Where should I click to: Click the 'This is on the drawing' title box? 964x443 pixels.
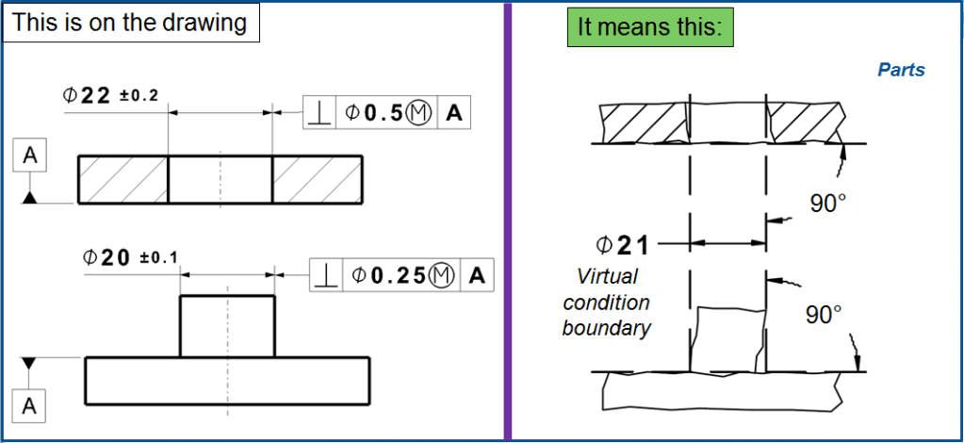pyautogui.click(x=131, y=23)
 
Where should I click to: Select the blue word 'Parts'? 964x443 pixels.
pyautogui.click(x=901, y=70)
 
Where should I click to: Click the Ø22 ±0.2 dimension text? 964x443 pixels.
pyautogui.click(x=110, y=95)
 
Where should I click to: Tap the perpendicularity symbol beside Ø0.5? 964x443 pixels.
pyautogui.click(x=320, y=113)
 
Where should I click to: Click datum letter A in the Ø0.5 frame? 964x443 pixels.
pyautogui.click(x=453, y=113)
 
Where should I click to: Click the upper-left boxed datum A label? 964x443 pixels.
pyautogui.click(x=30, y=157)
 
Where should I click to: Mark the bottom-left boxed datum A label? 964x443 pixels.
pyautogui.click(x=30, y=406)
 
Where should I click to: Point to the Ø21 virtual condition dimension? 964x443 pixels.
pyautogui.click(x=622, y=245)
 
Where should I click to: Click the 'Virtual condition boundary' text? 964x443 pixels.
pyautogui.click(x=607, y=302)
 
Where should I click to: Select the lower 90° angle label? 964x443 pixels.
pyautogui.click(x=824, y=314)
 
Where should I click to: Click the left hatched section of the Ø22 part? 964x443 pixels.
pyautogui.click(x=123, y=179)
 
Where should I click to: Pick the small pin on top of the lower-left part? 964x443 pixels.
pyautogui.click(x=227, y=326)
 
